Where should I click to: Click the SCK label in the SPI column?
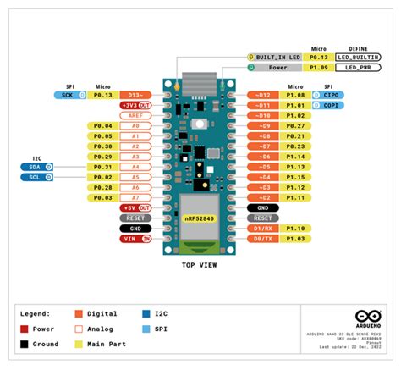click(67, 96)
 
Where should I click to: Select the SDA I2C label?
click(34, 168)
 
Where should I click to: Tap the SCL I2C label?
click(34, 178)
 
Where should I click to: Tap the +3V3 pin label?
click(132, 106)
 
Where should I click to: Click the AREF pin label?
click(135, 116)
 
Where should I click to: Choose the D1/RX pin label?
click(264, 229)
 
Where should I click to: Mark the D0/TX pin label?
click(264, 239)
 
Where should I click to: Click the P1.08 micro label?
click(295, 96)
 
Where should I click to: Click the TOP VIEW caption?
click(200, 265)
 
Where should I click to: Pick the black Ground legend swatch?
click(25, 343)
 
